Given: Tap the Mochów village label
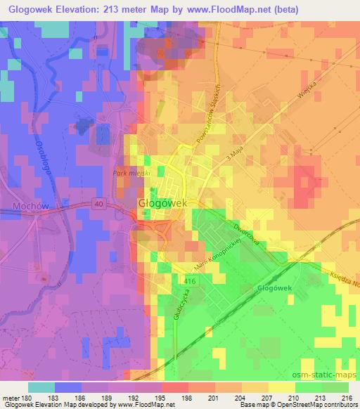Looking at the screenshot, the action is click(x=29, y=206).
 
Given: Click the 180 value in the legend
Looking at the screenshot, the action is click(x=27, y=398).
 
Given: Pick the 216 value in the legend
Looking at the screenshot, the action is click(x=347, y=398).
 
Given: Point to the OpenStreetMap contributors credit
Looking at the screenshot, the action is click(x=320, y=405).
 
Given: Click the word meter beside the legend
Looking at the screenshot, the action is click(x=9, y=398).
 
